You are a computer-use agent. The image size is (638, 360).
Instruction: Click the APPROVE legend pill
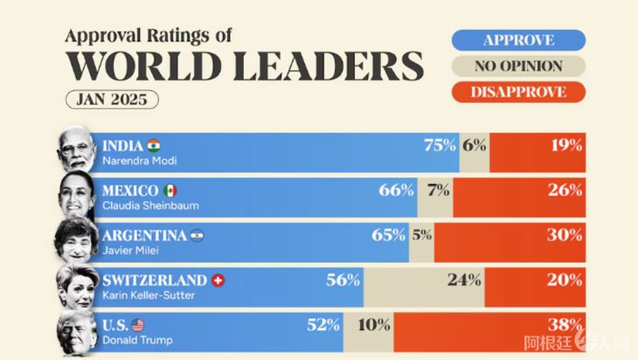point(518,39)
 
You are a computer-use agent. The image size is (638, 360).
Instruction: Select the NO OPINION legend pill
point(518,66)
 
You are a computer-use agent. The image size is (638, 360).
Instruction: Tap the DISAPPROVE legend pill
point(518,92)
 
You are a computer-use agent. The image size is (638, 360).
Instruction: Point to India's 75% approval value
point(440,146)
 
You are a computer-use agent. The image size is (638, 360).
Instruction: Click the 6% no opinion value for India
point(475,146)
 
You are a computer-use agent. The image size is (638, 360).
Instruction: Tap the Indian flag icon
point(154,145)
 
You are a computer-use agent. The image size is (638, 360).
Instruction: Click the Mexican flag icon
point(170,190)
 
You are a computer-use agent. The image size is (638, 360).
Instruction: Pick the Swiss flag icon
point(218,280)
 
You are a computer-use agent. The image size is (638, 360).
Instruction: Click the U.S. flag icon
point(139,325)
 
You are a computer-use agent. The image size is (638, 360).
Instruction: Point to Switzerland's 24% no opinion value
point(464,280)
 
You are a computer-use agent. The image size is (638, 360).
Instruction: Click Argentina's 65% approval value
point(389,235)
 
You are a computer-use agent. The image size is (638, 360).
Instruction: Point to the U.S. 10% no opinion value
point(373,325)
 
